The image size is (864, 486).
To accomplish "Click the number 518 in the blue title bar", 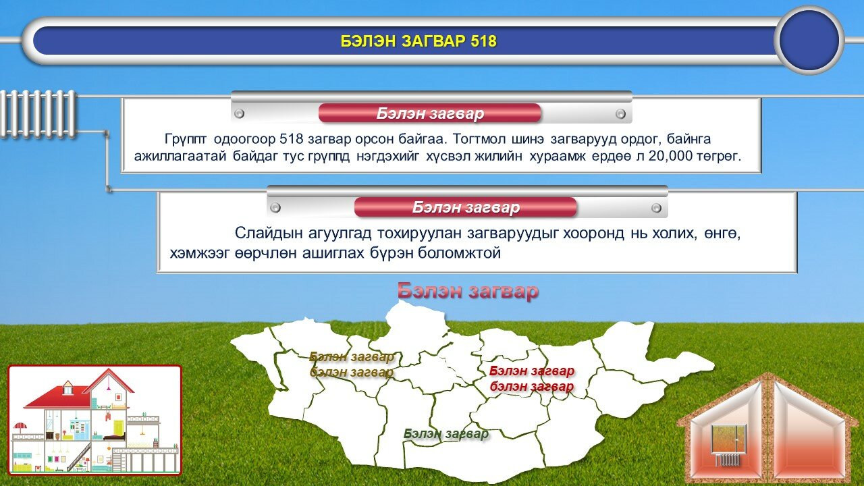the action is pyautogui.click(x=483, y=41).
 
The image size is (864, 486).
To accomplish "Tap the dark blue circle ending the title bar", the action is pyautogui.click(x=809, y=40).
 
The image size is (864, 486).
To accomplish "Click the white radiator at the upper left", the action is pyautogui.click(x=38, y=114).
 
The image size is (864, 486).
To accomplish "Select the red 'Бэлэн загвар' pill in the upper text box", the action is pyautogui.click(x=430, y=113).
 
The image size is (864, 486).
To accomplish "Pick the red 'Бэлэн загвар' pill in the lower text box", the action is pyautogui.click(x=465, y=207).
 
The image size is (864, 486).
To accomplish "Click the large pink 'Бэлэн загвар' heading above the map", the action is pyautogui.click(x=468, y=290).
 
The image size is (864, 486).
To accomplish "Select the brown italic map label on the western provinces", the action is pyautogui.click(x=352, y=364).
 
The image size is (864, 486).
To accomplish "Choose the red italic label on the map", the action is pyautogui.click(x=532, y=379).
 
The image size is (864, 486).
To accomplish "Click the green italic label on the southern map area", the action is pyautogui.click(x=446, y=434).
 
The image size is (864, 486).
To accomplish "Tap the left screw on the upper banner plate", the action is pyautogui.click(x=239, y=113).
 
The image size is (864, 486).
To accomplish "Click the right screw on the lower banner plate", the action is pyautogui.click(x=656, y=209).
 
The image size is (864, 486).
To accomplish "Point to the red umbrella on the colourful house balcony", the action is pyautogui.click(x=20, y=427).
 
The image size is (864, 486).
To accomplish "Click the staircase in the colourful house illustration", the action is pyautogui.click(x=79, y=458).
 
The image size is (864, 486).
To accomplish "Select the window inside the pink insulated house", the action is pyautogui.click(x=728, y=439).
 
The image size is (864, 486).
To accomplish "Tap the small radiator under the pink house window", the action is pyautogui.click(x=728, y=460).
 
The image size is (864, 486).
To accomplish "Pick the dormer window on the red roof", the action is pyautogui.click(x=67, y=387).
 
